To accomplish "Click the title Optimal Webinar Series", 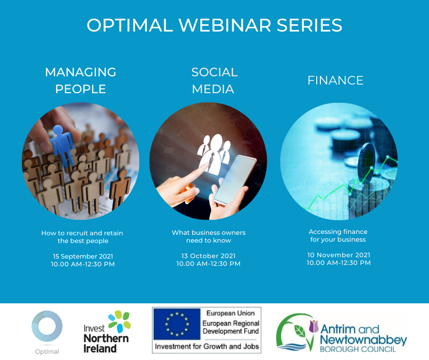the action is click(214, 25).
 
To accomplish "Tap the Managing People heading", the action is click(81, 80).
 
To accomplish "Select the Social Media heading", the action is click(214, 80).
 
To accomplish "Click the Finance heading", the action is click(335, 80).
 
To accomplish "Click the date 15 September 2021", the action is click(83, 256).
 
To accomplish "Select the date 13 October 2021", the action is click(209, 256).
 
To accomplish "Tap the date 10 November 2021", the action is click(339, 255).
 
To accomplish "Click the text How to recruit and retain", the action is click(82, 233).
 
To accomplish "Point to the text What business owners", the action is click(209, 233).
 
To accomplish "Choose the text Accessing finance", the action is click(338, 232).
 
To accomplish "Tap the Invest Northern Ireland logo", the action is click(107, 332).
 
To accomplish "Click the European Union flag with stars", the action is click(177, 324).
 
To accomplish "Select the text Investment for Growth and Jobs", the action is click(207, 347).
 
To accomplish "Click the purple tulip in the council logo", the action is click(314, 326).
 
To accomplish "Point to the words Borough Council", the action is click(358, 349).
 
